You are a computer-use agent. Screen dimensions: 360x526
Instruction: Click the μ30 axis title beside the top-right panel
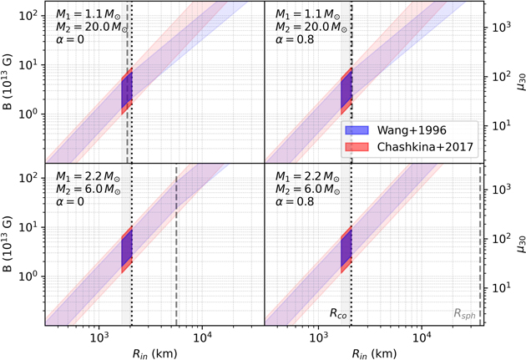tap(518, 81)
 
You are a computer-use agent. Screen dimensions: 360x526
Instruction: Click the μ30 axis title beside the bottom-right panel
tap(518, 244)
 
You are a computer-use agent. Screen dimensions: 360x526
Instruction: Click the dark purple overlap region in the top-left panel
tap(126, 92)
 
